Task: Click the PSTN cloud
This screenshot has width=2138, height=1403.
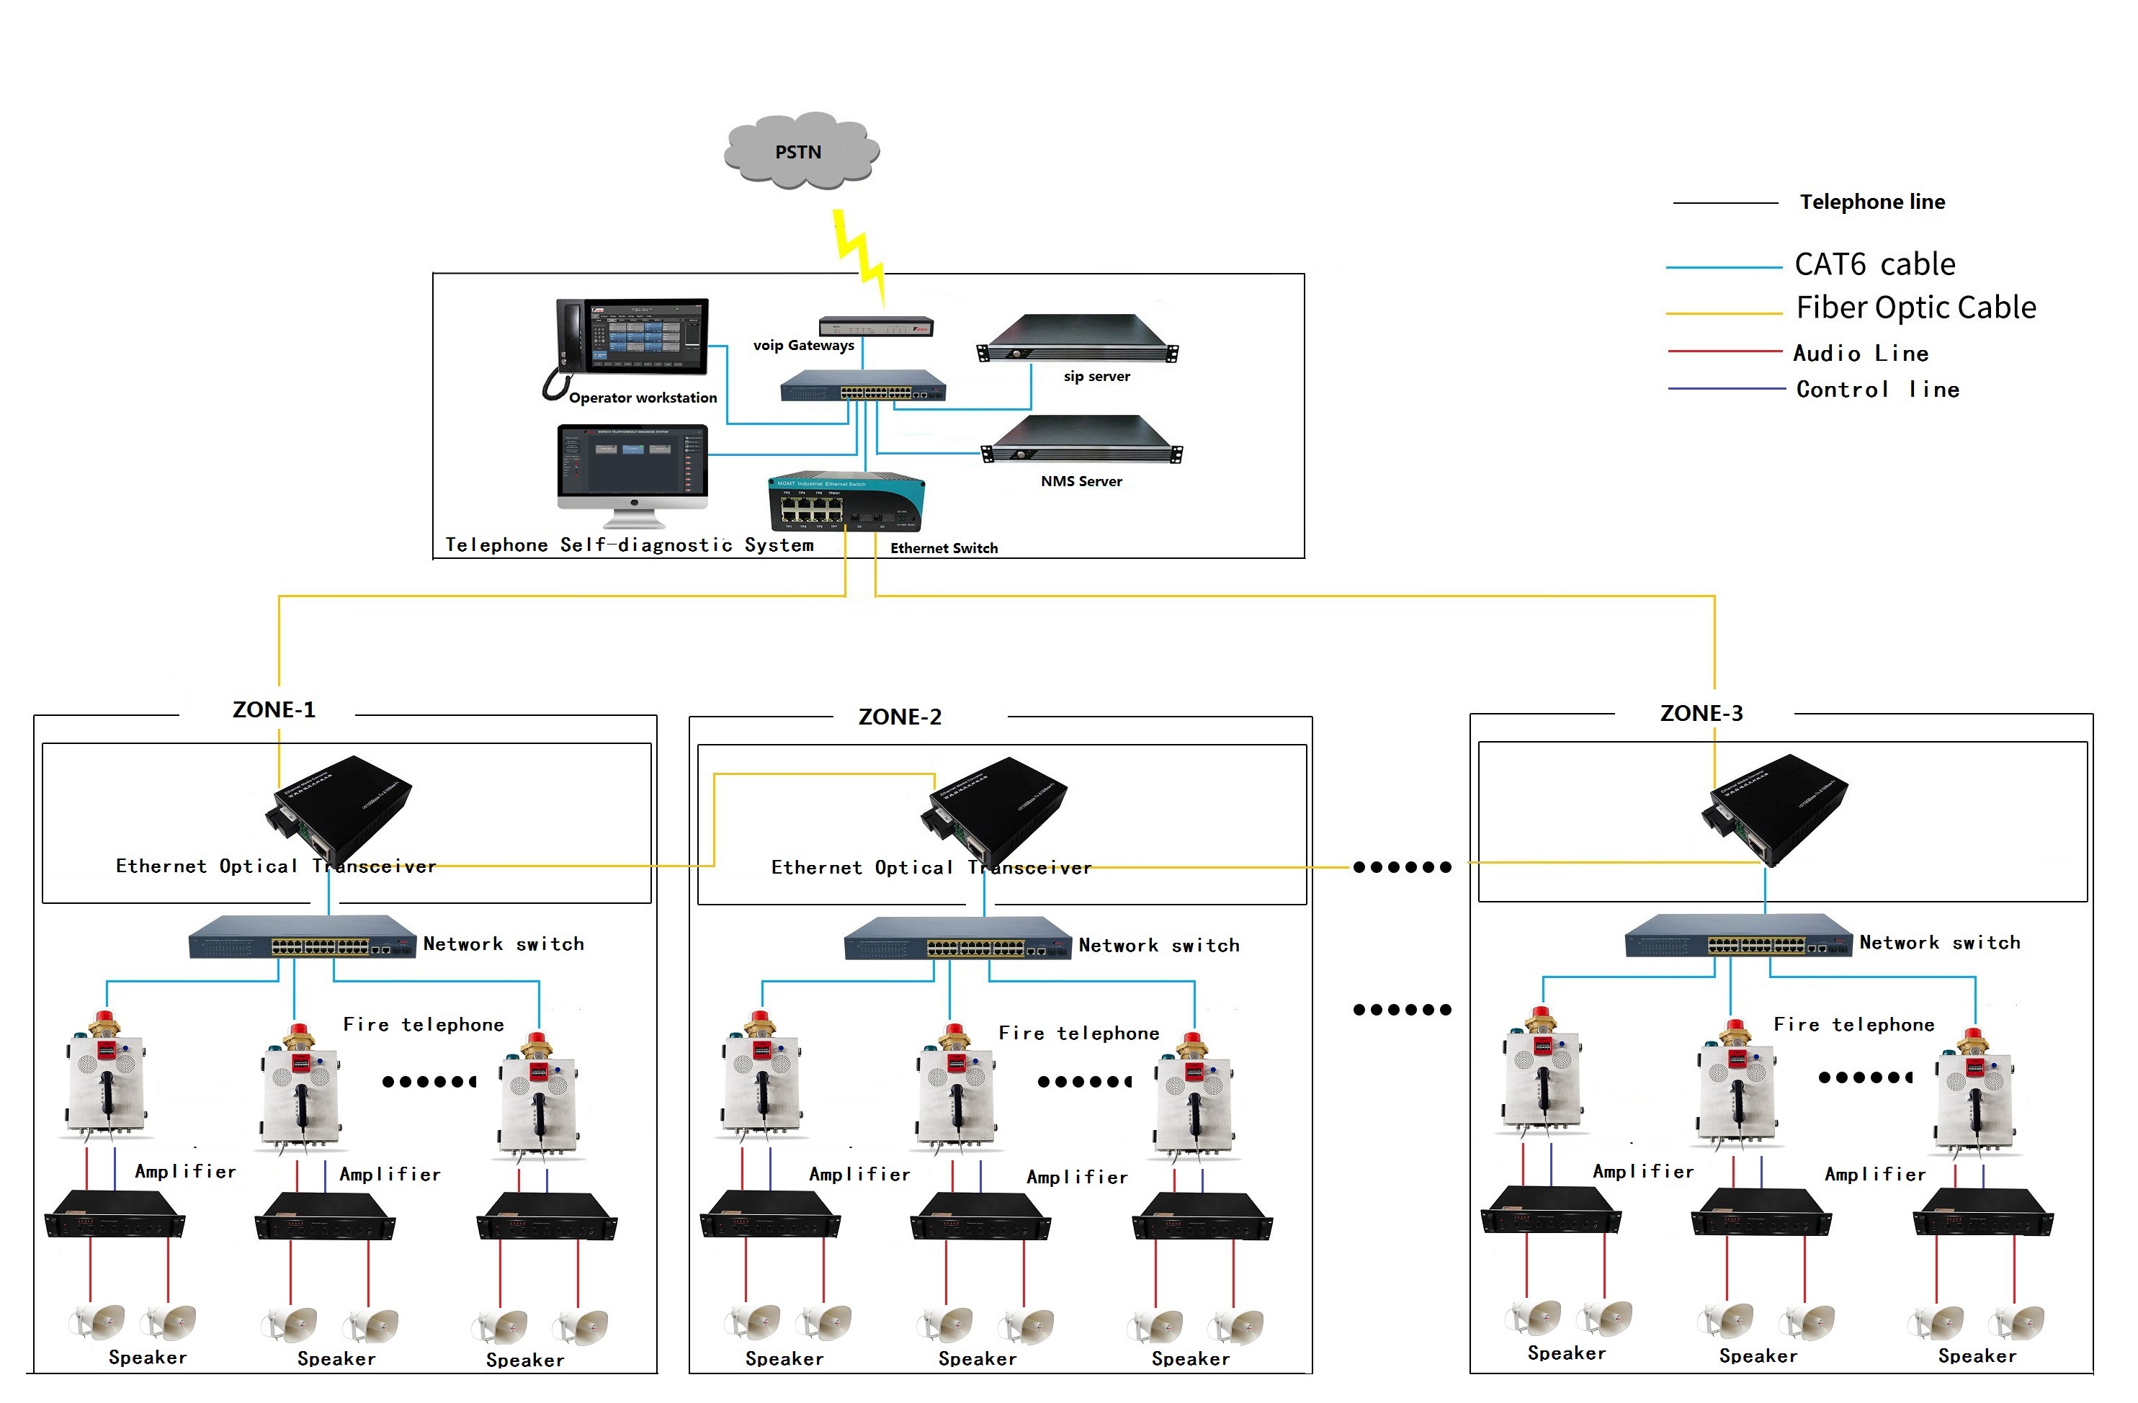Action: (x=801, y=151)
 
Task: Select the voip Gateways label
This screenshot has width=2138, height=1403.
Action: (x=803, y=346)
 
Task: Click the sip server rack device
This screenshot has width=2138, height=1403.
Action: (x=1078, y=339)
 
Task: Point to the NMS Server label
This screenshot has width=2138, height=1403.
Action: (x=1081, y=481)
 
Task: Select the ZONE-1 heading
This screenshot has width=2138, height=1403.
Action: (x=274, y=710)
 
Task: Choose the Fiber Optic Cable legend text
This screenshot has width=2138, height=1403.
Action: (x=1916, y=308)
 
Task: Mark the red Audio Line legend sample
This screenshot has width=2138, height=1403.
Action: (x=1725, y=351)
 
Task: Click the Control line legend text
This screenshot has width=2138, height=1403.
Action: (x=1877, y=390)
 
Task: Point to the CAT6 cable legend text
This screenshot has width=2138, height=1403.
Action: (x=1875, y=265)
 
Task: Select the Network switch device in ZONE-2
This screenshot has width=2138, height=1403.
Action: (x=957, y=938)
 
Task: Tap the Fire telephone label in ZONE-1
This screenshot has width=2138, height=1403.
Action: (x=423, y=1025)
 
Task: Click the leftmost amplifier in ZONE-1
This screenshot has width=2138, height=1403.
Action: (x=115, y=1214)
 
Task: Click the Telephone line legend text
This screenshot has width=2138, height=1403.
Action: (x=1872, y=202)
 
